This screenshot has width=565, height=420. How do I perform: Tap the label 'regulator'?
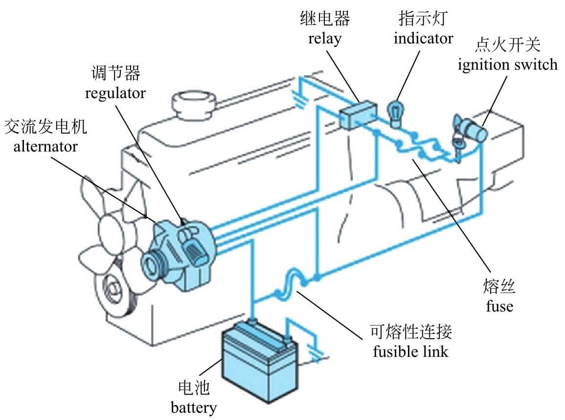115,93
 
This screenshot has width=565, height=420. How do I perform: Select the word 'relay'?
324,39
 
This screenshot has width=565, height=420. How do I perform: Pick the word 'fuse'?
499,306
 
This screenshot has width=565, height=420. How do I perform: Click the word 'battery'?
194,407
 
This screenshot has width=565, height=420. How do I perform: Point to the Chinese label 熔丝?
499,288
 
